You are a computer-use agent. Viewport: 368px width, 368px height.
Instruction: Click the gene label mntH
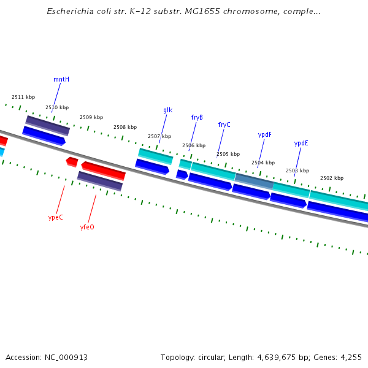tap(61, 79)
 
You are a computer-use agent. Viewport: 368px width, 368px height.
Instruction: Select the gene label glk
tap(167, 110)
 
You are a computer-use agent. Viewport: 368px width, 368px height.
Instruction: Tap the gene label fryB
tap(197, 118)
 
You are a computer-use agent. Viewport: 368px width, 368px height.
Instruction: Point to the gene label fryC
tap(224, 125)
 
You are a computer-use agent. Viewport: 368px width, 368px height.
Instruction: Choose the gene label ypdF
tap(264, 134)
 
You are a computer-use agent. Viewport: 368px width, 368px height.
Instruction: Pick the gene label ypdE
tap(301, 144)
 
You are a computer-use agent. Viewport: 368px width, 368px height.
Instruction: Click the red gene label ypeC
tap(55, 217)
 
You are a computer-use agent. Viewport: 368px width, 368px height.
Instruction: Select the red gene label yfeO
tap(87, 227)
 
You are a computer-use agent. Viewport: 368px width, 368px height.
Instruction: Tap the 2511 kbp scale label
tap(23, 97)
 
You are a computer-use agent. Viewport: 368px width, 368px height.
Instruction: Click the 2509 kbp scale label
tap(91, 117)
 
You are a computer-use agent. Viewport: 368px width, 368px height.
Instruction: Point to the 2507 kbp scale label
tap(159, 136)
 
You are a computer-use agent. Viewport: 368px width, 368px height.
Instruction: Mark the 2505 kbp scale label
tap(228, 154)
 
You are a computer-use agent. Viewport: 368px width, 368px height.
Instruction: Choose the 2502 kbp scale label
tap(332, 178)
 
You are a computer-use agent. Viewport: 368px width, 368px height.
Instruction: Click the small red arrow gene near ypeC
tap(72, 162)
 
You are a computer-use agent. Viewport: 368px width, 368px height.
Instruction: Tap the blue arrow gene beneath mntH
tap(44, 136)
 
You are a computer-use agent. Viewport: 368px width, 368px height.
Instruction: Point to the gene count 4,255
tap(350, 357)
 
